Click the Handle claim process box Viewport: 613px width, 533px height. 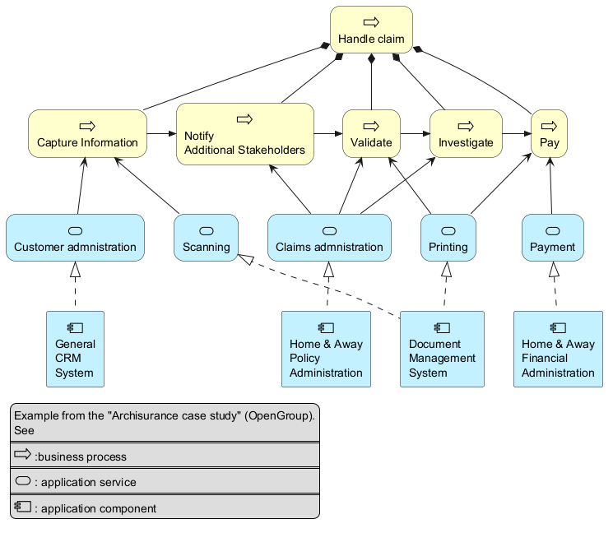click(x=371, y=30)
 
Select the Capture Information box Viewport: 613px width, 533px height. click(x=87, y=133)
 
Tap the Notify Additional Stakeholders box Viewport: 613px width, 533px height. click(x=245, y=134)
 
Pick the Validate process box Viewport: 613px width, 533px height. click(x=371, y=133)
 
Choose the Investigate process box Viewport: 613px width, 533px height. click(x=466, y=133)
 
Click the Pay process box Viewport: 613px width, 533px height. click(x=550, y=133)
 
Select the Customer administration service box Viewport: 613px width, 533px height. click(x=75, y=238)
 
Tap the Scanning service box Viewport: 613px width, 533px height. click(x=206, y=238)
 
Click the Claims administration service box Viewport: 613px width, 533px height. click(x=329, y=238)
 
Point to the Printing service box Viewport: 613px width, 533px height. click(x=448, y=238)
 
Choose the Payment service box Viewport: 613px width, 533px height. click(x=553, y=238)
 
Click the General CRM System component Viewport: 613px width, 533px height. click(x=75, y=350)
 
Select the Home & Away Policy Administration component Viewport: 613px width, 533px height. click(x=326, y=350)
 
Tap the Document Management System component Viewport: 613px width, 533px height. click(x=442, y=350)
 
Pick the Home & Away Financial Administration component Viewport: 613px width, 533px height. click(x=558, y=350)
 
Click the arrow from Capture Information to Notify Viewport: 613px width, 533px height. click(x=162, y=133)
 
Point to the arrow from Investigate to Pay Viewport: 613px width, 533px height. click(x=517, y=133)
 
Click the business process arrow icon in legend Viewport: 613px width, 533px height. click(x=22, y=454)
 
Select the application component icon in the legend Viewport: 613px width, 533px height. click(x=23, y=507)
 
